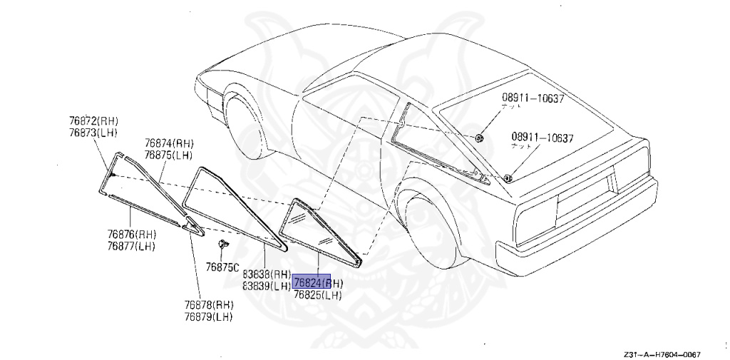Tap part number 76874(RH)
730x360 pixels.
(169, 143)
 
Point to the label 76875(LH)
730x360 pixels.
(169, 155)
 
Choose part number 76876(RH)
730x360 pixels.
(132, 234)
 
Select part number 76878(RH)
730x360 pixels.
(208, 305)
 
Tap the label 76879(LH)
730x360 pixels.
(208, 317)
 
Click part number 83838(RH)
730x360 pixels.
(267, 274)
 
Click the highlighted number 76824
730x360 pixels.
(312, 283)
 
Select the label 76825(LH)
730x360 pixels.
(318, 294)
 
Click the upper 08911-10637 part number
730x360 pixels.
(532, 98)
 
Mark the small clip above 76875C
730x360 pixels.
(222, 245)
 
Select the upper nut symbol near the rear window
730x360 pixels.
(478, 137)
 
